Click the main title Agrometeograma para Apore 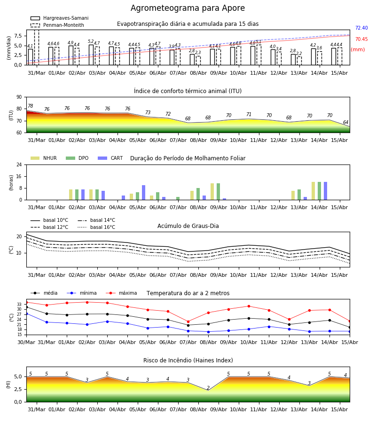click(x=188, y=8)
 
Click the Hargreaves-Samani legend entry click(x=59, y=18)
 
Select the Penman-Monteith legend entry click(x=57, y=25)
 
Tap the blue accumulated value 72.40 click(x=361, y=28)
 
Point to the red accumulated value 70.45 click(x=361, y=39)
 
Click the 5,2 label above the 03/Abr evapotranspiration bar click(x=91, y=41)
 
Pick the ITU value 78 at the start click(x=31, y=106)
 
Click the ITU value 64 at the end click(x=345, y=122)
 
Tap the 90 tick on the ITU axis click(x=19, y=97)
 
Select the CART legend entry click(x=110, y=158)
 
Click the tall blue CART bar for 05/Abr click(x=143, y=193)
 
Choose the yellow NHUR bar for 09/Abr click(x=212, y=192)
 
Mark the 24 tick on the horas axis click(x=19, y=164)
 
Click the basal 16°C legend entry click(x=96, y=227)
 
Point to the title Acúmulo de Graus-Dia click(x=188, y=226)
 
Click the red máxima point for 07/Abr click(x=188, y=321)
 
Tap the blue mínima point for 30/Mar click(x=27, y=314)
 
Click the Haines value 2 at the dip click(x=208, y=388)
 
